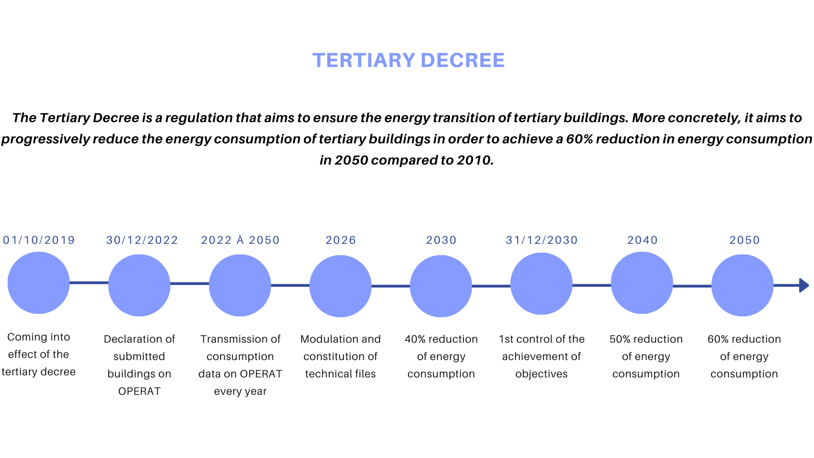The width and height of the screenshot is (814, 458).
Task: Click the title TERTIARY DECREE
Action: point(408,60)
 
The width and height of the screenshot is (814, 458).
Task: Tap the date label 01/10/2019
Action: point(39,240)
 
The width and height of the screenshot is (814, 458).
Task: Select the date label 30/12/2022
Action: point(142,240)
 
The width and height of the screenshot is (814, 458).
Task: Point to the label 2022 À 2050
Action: point(240,240)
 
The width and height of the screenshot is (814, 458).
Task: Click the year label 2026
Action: point(341,240)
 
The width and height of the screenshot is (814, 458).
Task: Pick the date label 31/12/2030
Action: point(542,240)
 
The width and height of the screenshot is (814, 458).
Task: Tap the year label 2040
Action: point(643,240)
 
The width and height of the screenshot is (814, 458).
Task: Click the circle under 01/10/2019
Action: point(39,283)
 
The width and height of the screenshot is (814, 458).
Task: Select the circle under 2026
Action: point(340,286)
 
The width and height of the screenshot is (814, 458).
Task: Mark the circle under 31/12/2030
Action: point(541,284)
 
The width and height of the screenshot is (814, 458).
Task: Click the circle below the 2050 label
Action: point(742,285)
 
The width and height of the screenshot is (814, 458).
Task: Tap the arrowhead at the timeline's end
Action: point(804,285)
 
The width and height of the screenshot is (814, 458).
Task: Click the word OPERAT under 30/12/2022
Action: point(139,391)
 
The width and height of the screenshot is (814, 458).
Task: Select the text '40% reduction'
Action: point(441,339)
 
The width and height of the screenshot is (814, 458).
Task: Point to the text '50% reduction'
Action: point(646,339)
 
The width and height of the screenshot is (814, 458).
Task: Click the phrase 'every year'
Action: point(240,391)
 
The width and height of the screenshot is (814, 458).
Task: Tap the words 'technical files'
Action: point(340,374)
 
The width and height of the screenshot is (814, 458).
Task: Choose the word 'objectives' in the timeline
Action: point(541,374)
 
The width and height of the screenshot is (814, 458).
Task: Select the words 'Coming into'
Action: point(39,337)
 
